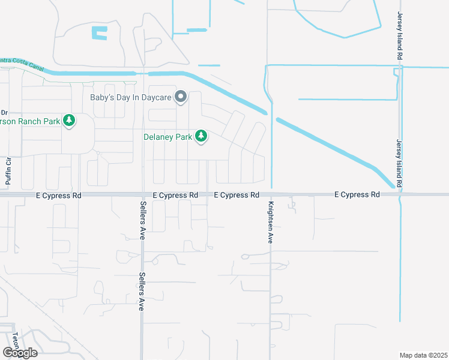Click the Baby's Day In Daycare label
coord(131,97)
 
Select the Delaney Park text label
coord(168,137)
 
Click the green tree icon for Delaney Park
coord(202,137)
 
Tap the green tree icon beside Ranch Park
coord(70,121)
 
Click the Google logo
coord(20,353)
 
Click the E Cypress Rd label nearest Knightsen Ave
coord(237,195)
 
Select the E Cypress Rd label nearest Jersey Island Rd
coord(357,194)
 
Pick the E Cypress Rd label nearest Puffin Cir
coord(58,195)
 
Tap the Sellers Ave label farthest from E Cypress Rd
coord(142,291)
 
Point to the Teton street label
coord(17,342)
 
